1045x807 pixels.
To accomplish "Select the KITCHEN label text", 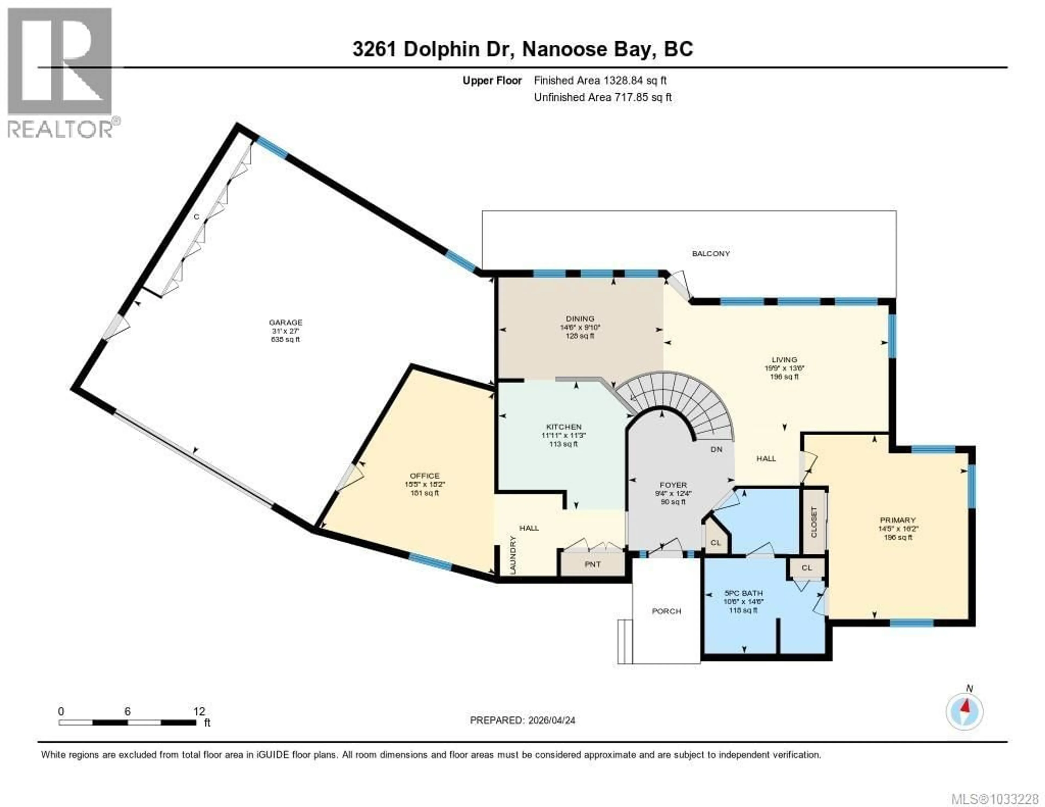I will point(564,427).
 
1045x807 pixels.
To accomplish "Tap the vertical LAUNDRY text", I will point(513,555).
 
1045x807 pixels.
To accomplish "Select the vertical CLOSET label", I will point(814,521).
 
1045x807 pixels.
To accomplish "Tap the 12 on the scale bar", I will point(199,711).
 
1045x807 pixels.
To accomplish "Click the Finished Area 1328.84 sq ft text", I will point(600,80).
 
